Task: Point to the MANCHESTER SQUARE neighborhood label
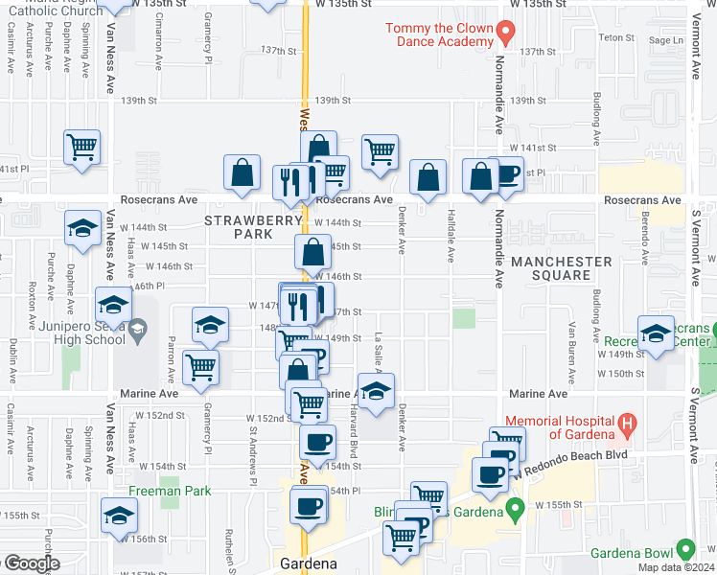tap(562, 268)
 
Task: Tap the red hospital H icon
tap(628, 421)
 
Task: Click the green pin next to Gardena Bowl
tap(684, 549)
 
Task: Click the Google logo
tap(31, 563)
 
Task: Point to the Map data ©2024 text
tap(678, 568)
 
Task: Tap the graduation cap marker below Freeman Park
tap(119, 517)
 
